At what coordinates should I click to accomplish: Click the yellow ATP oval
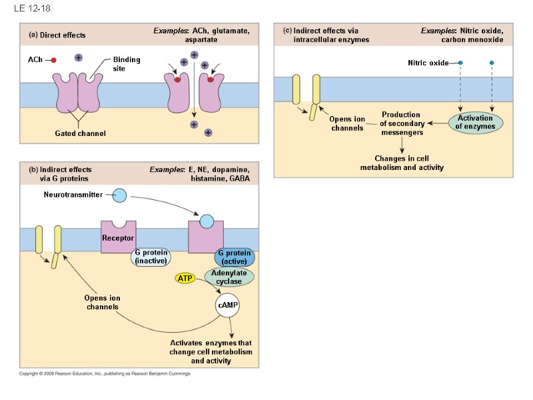185,277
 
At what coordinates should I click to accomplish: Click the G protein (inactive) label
150,257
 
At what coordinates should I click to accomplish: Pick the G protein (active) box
234,257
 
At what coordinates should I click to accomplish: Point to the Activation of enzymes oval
475,123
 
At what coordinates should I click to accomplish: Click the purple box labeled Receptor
118,237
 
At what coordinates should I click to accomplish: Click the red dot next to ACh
53,60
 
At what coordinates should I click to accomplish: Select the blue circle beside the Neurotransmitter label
119,195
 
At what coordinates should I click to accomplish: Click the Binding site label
126,64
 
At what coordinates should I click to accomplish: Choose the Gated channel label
80,134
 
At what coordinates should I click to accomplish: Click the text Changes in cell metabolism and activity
402,163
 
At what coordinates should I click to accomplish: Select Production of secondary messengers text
401,123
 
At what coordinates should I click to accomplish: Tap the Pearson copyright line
105,374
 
